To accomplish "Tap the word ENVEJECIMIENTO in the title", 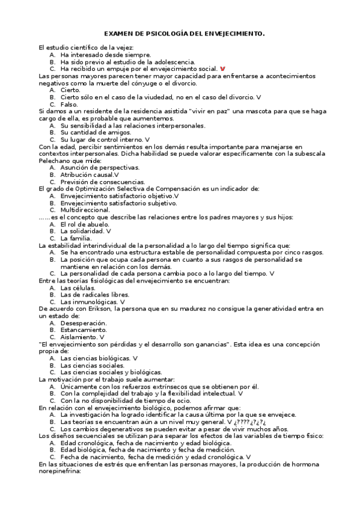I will click(x=231, y=35).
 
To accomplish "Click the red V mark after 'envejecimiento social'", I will click(x=223, y=69).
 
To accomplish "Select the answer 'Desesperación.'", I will click(x=84, y=322).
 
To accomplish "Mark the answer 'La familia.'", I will click(x=76, y=238).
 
